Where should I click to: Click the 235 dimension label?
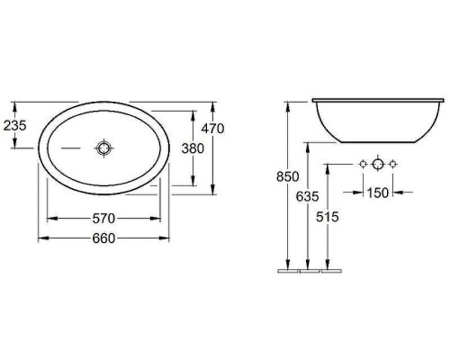coord(15,125)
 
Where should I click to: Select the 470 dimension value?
coord(212,129)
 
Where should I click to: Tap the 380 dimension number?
coord(193,148)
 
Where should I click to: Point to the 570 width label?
coord(103,219)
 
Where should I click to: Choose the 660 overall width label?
coord(103,238)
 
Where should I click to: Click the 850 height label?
coord(288,176)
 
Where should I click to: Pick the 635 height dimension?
coord(307,197)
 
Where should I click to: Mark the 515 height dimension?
coord(328,217)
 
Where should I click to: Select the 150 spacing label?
coord(378,193)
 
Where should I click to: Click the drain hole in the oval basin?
coord(103,148)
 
